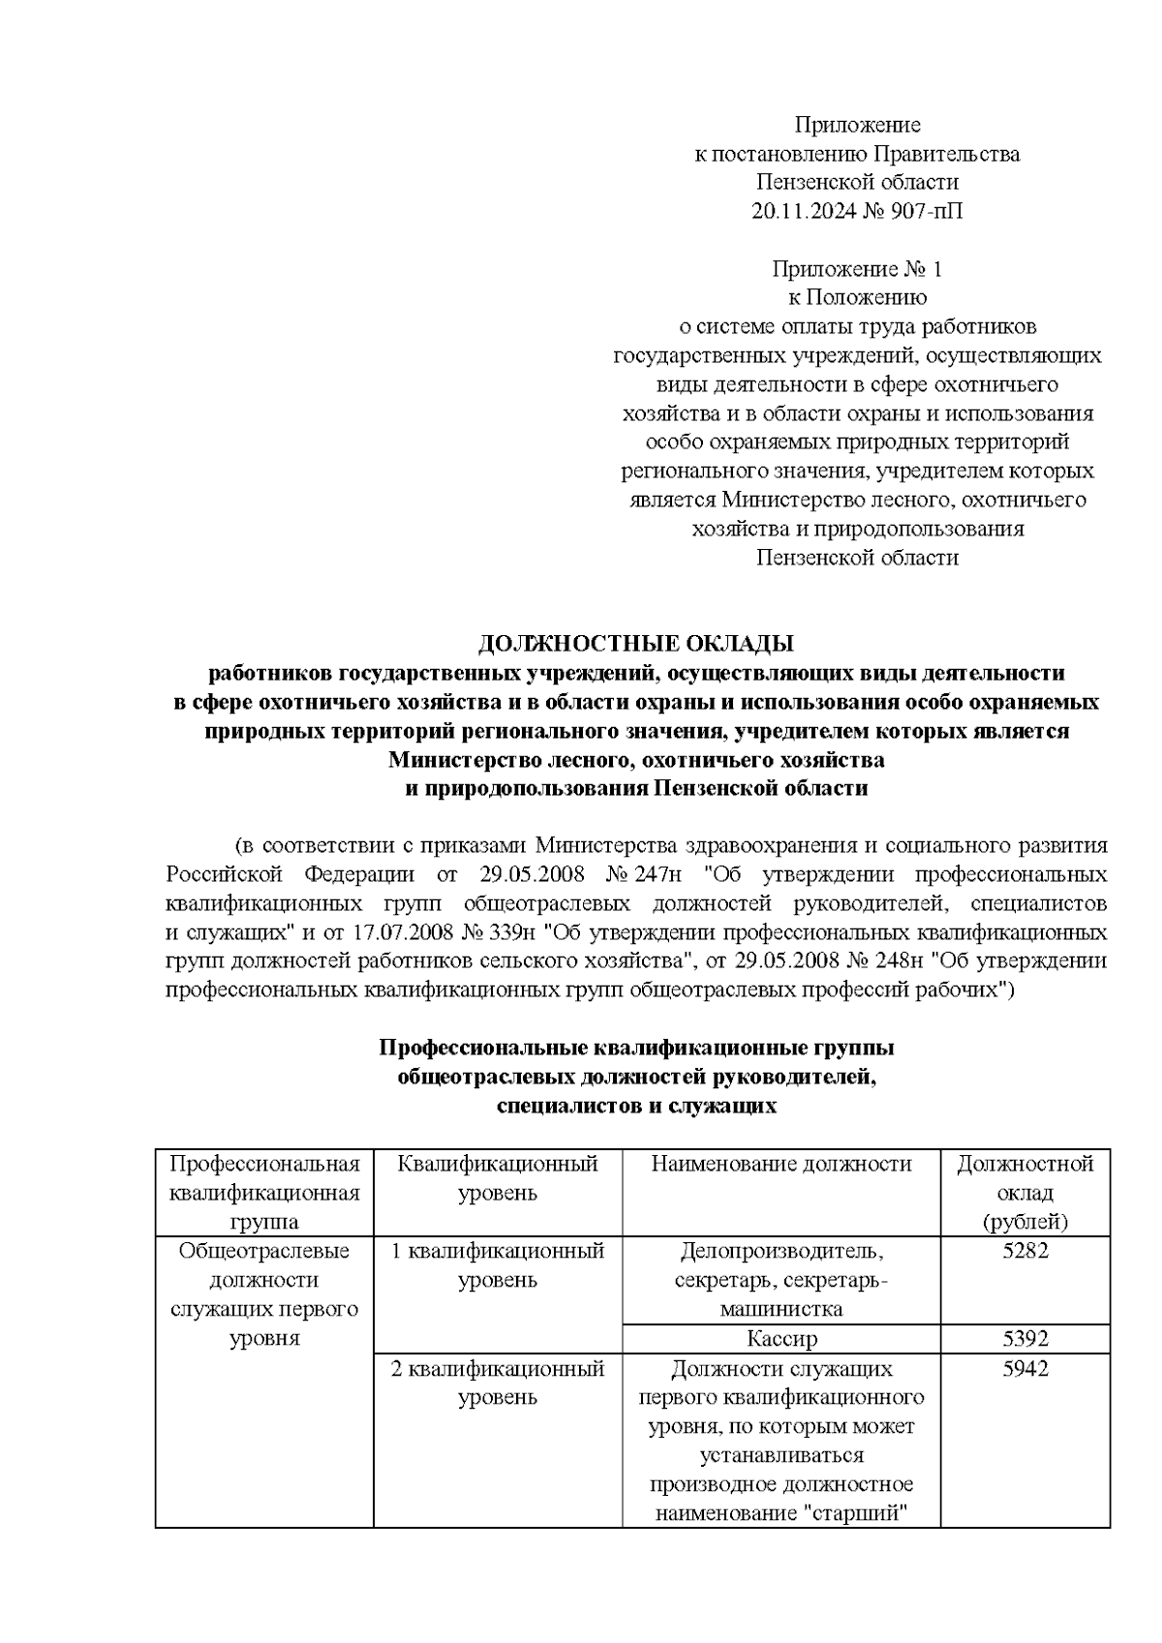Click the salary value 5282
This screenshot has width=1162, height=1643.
[1025, 1251]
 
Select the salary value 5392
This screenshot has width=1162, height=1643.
[1025, 1340]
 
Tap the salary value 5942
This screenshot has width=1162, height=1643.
[1025, 1370]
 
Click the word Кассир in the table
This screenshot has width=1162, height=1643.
[781, 1340]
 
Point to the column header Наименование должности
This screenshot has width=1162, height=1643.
[781, 1164]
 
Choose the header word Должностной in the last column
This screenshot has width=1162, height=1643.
[1025, 1164]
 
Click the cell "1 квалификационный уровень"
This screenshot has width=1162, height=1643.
[497, 1265]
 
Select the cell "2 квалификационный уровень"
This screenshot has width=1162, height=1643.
[497, 1384]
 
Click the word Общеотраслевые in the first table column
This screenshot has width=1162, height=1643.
[264, 1251]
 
